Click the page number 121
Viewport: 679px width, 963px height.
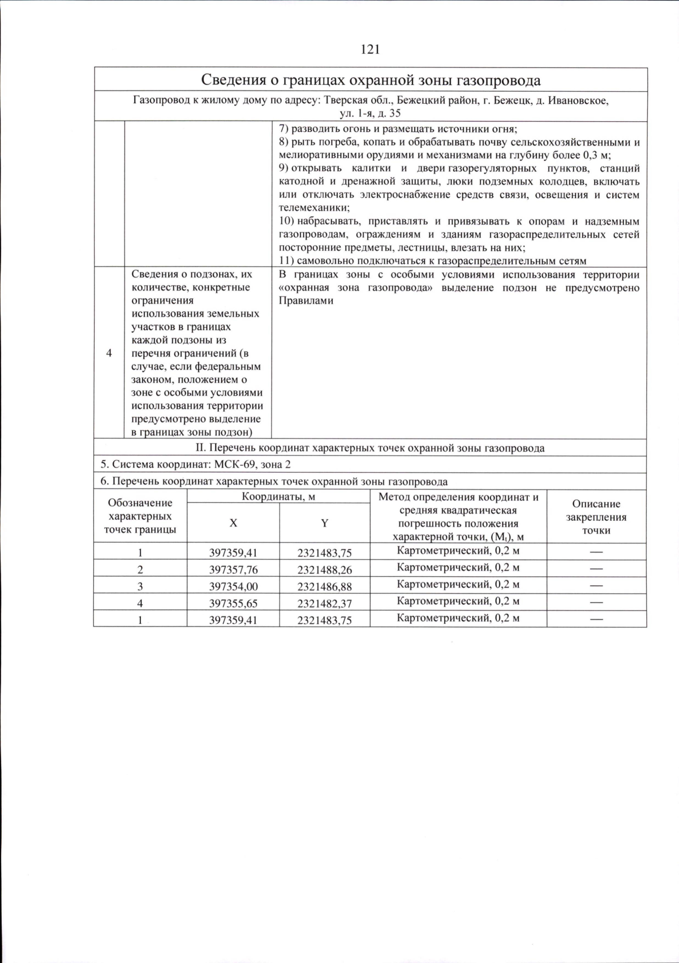coord(370,50)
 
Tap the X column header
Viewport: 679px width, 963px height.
coord(233,524)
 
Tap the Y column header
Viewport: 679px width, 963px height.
coord(325,524)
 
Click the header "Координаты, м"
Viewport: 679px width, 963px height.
coord(278,497)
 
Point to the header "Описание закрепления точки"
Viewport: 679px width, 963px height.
coord(596,517)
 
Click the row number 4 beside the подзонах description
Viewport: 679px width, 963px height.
coord(109,353)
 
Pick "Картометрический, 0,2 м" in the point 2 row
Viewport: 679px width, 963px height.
coord(458,567)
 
